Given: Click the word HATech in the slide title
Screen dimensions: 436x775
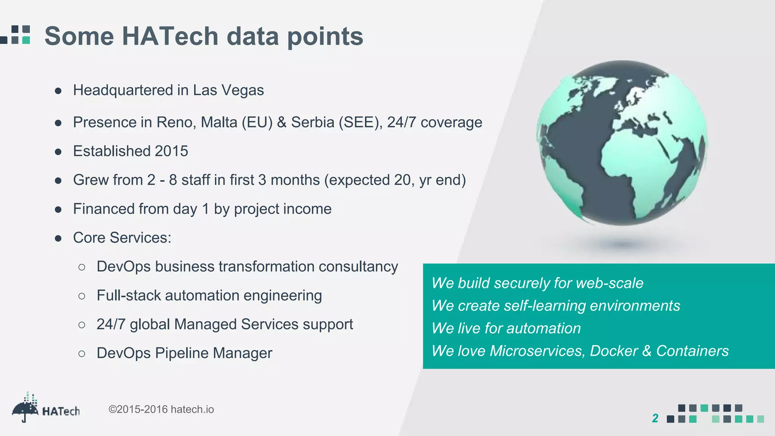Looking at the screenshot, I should point(170,36).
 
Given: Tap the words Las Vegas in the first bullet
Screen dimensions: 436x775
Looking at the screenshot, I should point(228,90).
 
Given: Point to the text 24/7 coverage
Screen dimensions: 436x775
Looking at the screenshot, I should point(434,123).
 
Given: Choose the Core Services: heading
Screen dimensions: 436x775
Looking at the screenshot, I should point(122,238).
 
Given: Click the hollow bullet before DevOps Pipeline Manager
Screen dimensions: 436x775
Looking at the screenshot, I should point(82,354).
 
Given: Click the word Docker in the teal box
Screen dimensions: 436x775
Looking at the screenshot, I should point(613,351).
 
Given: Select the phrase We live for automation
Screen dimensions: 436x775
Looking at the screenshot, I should point(506,329).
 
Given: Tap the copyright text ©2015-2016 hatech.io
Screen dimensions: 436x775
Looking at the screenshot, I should point(161,410).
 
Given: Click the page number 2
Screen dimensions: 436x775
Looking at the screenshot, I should point(655,418).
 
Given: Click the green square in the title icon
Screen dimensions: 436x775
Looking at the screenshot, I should point(26,40).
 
